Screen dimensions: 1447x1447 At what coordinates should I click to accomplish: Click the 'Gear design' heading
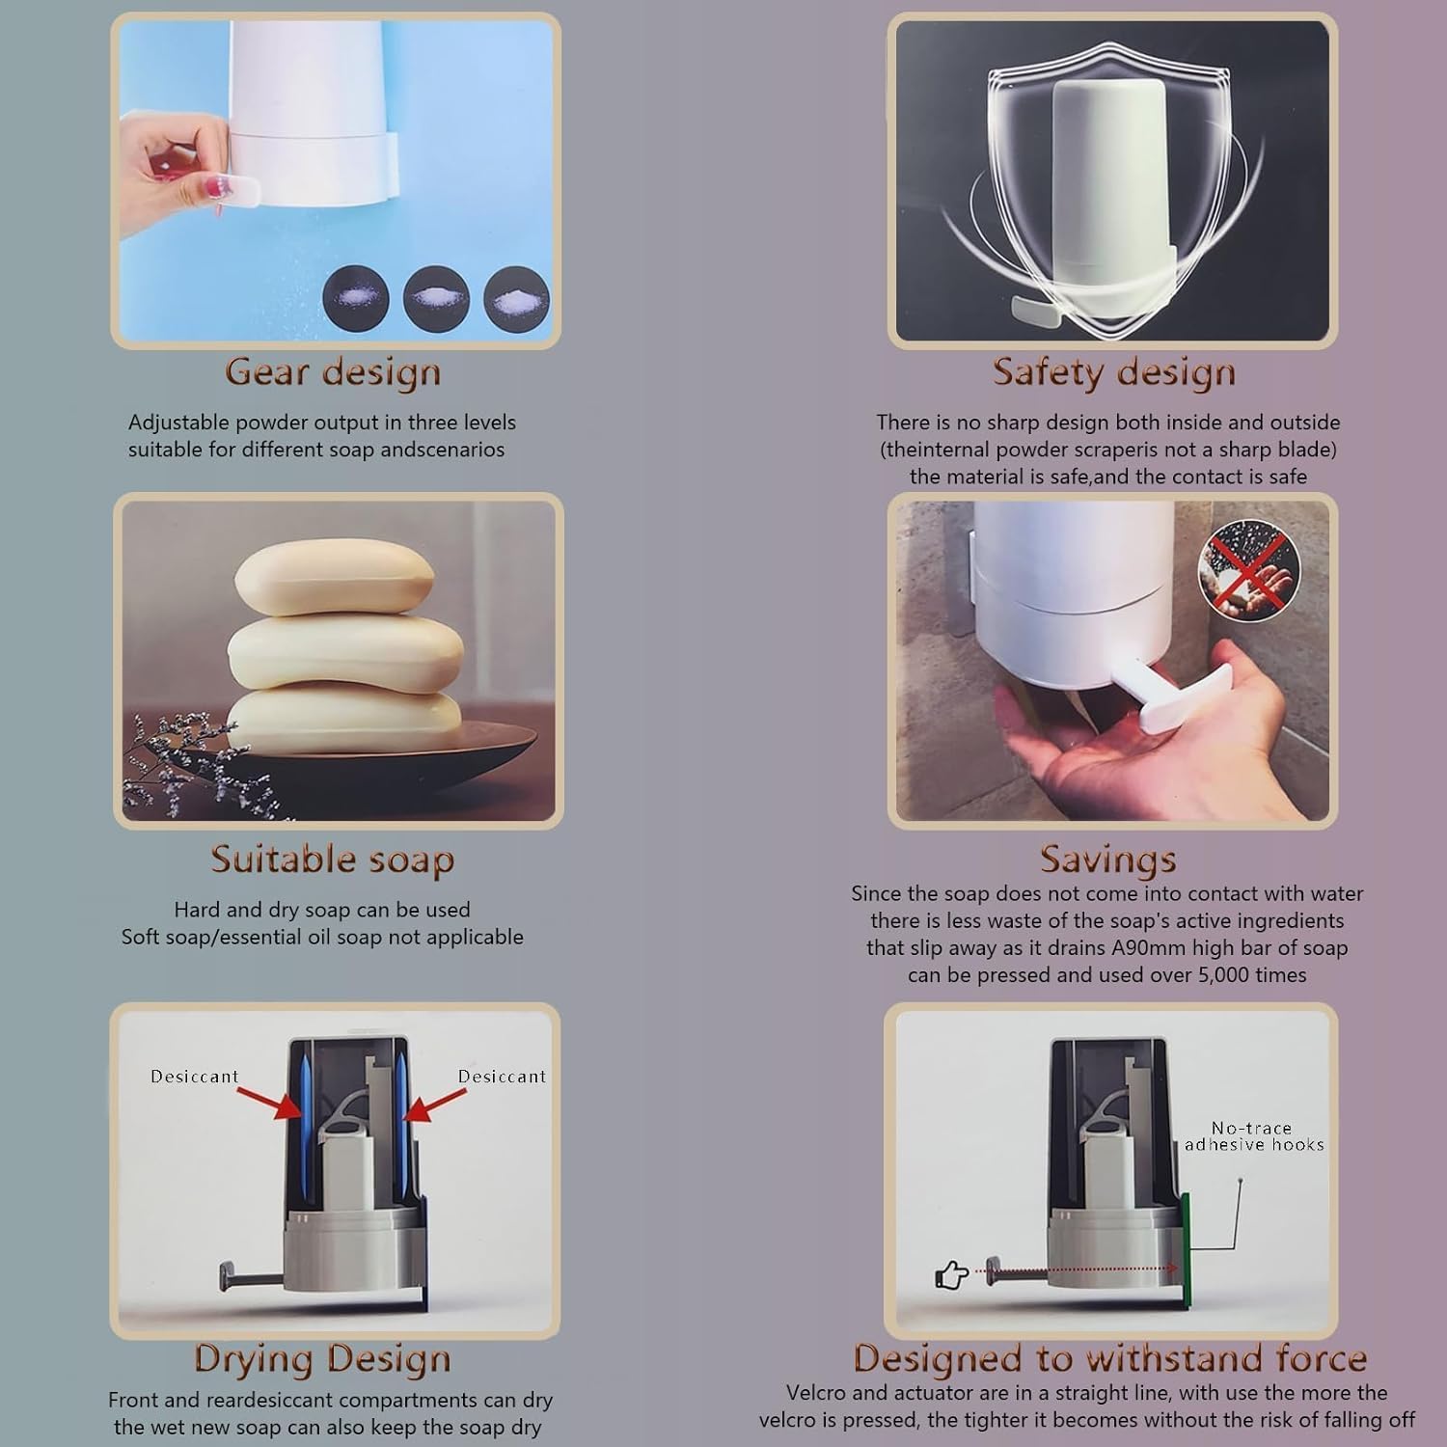tap(333, 373)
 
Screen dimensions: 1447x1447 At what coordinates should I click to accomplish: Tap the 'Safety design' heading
tap(1114, 373)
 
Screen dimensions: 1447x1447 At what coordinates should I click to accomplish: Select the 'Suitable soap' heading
tap(332, 860)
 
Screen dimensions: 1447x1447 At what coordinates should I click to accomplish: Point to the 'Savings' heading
tap(1107, 859)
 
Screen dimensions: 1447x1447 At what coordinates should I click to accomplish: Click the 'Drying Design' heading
tap(322, 1358)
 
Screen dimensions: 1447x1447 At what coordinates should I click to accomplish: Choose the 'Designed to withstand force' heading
tap(1110, 1358)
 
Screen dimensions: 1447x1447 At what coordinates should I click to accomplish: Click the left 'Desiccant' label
tap(194, 1077)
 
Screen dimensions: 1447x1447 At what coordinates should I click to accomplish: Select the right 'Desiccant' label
tap(502, 1077)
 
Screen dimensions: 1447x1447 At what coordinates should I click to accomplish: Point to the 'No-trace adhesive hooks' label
tap(1253, 1136)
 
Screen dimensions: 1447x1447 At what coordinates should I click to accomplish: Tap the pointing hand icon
tap(952, 1275)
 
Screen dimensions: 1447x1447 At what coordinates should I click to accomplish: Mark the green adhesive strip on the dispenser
tap(1186, 1249)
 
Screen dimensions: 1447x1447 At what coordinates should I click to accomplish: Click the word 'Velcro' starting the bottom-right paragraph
tap(818, 1393)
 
